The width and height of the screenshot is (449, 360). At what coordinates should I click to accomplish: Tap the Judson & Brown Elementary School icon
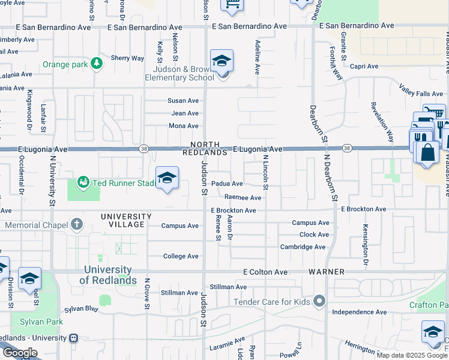(x=221, y=62)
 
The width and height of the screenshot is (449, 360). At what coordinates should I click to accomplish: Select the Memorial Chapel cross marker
(x=76, y=225)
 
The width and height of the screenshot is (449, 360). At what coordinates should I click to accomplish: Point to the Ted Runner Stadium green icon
(x=83, y=182)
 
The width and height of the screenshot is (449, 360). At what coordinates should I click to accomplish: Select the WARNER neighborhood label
(x=327, y=272)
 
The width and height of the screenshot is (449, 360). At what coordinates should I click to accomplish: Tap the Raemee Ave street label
(x=243, y=197)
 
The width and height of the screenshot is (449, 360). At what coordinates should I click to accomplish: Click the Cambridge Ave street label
(x=303, y=247)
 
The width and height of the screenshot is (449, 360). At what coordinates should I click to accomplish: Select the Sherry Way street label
(x=127, y=58)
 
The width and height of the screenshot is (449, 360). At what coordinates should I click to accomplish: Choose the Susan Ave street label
(x=184, y=101)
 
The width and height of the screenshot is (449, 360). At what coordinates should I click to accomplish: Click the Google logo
(x=20, y=353)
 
